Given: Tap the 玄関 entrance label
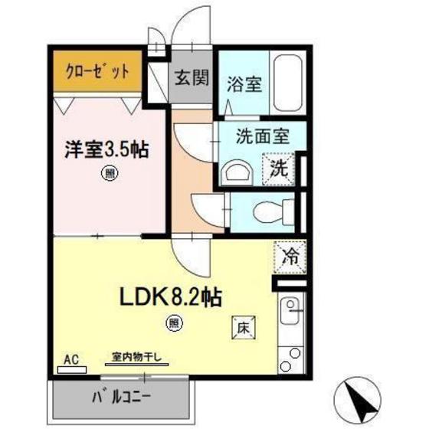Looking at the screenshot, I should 189,77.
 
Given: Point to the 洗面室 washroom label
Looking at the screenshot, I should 262,138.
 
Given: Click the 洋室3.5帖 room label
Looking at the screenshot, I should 106,149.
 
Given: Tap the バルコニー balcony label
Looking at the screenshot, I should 123,398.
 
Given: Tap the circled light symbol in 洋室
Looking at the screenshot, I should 111,175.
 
